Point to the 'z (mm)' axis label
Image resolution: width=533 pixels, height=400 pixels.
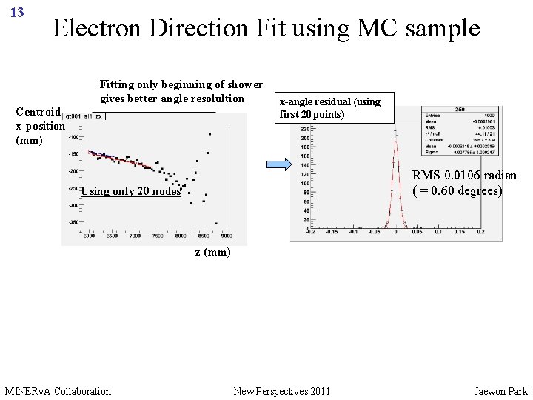213,252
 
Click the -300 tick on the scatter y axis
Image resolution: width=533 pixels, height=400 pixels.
73,205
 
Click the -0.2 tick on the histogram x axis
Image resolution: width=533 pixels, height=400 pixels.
311,232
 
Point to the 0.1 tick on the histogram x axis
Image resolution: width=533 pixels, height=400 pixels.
438,232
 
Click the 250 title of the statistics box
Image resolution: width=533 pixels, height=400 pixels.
460,109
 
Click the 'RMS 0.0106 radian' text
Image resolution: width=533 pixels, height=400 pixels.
464,175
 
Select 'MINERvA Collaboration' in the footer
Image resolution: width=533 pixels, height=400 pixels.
58,390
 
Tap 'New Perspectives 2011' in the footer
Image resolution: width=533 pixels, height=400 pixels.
282,390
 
